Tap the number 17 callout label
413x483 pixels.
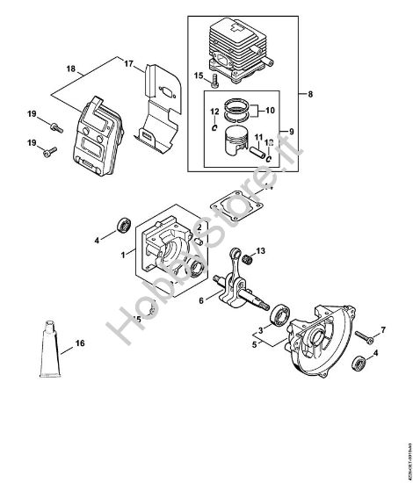(x=127, y=63)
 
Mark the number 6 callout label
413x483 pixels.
(x=201, y=300)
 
